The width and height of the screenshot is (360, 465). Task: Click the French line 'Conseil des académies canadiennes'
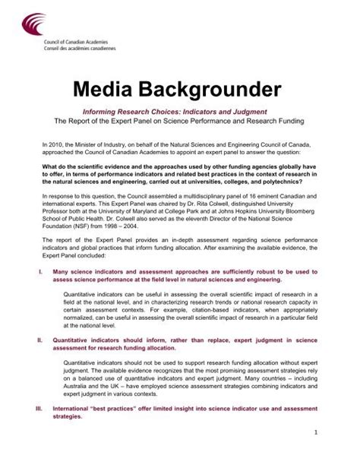[66, 56]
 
